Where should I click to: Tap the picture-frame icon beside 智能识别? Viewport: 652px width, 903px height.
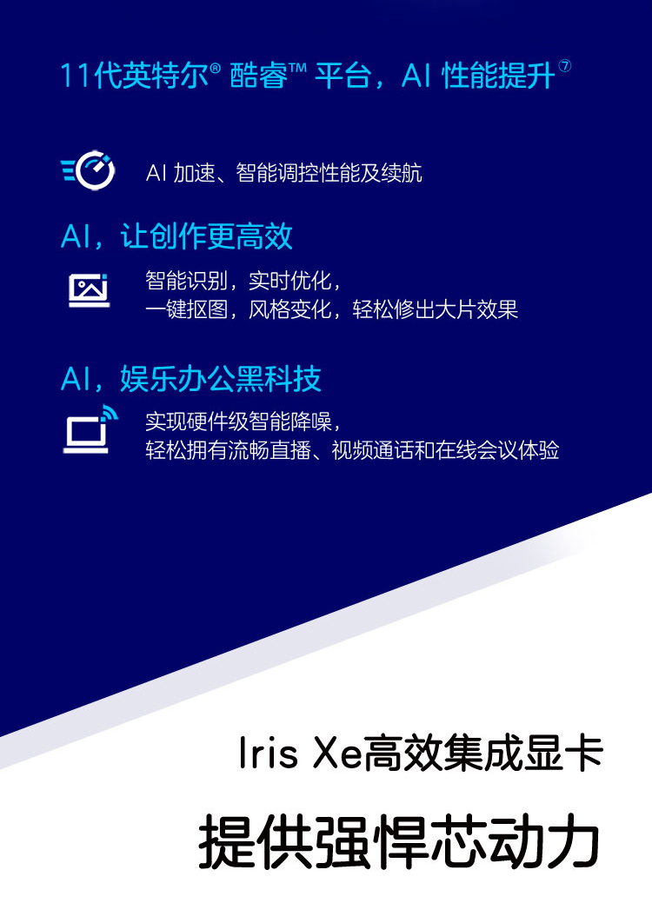coord(89,289)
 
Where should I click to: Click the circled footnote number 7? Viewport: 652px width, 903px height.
coord(565,66)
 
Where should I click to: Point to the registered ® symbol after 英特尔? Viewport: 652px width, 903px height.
coord(216,70)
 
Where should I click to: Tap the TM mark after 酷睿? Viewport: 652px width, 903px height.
coord(297,69)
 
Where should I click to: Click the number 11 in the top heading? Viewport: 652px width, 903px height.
coord(77,76)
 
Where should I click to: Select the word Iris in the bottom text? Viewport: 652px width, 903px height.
coord(269,754)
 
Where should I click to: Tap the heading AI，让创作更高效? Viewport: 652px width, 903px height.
coord(176,236)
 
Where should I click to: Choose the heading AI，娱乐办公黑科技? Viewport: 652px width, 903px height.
coord(190,379)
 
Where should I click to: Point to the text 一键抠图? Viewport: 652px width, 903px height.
coord(186,309)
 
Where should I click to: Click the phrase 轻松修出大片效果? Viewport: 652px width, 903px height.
coord(436,309)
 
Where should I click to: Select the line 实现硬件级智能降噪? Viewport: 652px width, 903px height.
coord(238,422)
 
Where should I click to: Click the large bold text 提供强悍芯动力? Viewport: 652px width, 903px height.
coord(398,841)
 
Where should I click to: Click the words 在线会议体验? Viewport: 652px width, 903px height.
coord(497,450)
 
